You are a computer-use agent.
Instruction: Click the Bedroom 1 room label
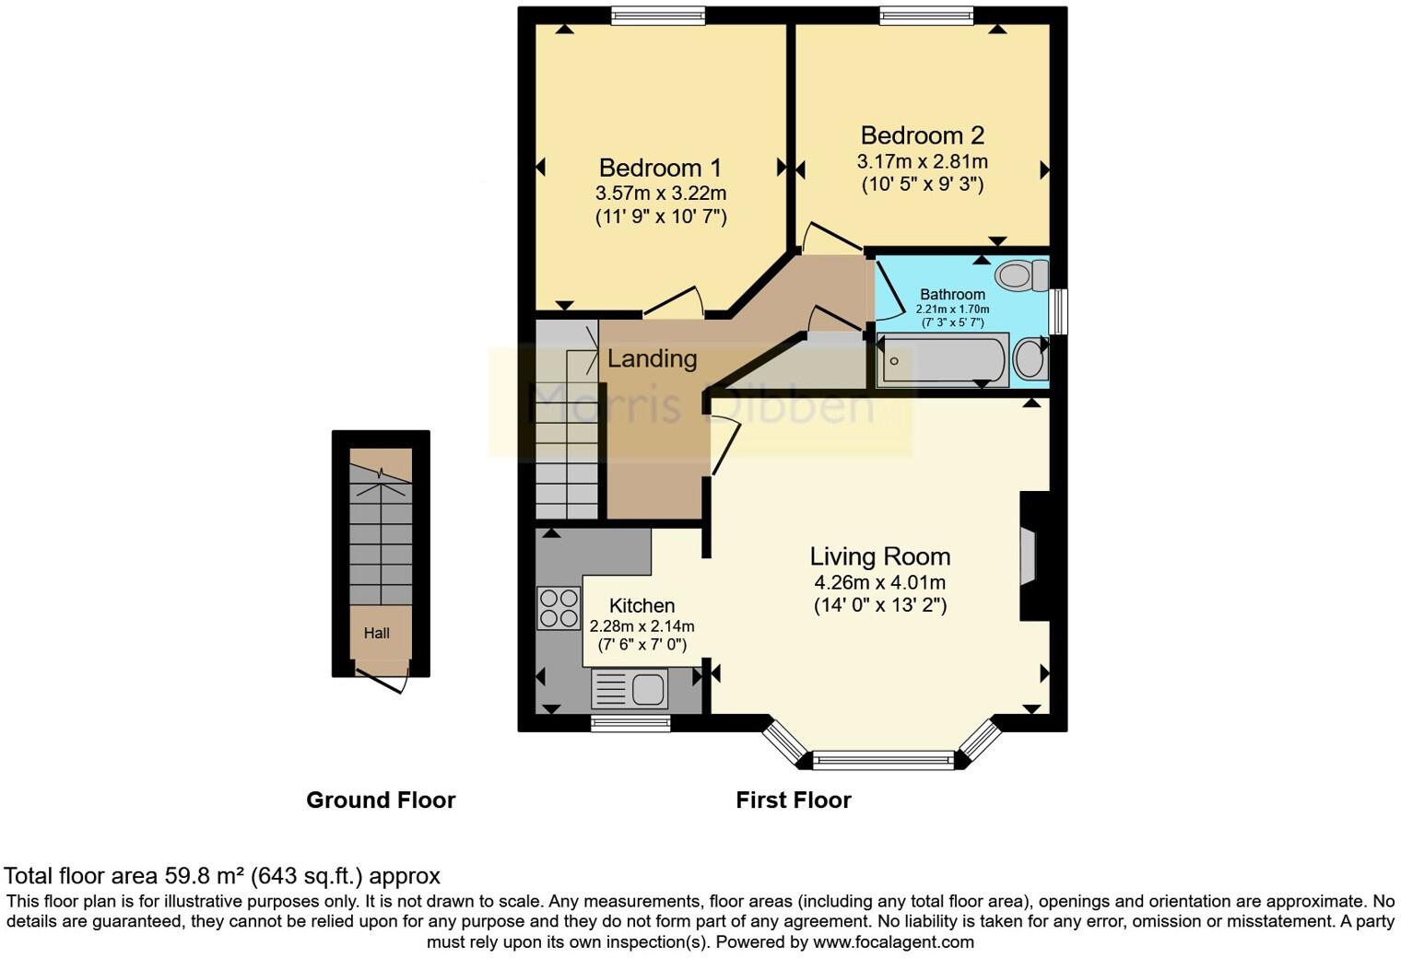[660, 168]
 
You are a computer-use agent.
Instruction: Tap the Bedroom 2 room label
[922, 135]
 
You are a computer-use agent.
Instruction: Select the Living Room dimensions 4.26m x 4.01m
[879, 582]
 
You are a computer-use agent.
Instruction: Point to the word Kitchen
[642, 605]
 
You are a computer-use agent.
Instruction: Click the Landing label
[652, 358]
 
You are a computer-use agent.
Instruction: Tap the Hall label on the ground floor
[376, 633]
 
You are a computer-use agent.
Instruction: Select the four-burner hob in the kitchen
[559, 608]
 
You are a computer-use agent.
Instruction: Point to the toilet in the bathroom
[1022, 275]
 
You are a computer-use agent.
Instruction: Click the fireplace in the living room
[1030, 555]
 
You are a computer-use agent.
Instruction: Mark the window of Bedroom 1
[658, 15]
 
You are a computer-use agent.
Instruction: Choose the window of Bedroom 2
[925, 15]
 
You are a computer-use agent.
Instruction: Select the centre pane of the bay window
[883, 760]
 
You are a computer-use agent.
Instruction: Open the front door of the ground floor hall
[382, 683]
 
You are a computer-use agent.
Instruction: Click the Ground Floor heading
[381, 800]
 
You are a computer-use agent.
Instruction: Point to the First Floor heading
[793, 800]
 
